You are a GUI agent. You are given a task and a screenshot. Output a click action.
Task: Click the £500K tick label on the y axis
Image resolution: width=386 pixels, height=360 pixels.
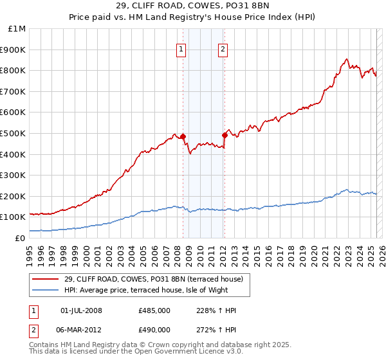[14, 133]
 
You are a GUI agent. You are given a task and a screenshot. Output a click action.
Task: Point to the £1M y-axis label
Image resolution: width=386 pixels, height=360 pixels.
[17, 28]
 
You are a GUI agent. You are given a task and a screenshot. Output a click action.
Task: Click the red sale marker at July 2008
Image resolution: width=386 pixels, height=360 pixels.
[183, 136]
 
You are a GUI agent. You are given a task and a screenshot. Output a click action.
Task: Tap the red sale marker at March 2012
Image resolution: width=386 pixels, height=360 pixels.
[225, 135]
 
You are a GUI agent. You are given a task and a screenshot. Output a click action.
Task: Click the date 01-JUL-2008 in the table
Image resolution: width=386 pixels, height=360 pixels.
[81, 310]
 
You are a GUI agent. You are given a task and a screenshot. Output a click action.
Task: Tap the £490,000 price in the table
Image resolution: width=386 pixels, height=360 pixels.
[154, 328]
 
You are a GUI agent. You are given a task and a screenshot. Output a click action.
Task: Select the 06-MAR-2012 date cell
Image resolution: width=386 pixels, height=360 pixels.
[81, 328]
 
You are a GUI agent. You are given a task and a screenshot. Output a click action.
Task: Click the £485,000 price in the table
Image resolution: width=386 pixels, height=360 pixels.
[154, 310]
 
